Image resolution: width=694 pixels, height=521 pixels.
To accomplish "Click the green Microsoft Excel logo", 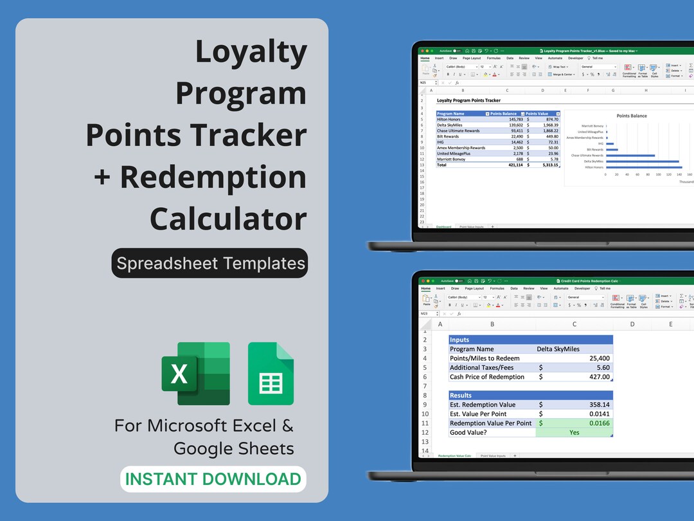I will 195,373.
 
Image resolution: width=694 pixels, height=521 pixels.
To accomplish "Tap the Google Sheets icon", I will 271,374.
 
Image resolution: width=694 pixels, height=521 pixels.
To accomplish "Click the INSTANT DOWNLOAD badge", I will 213,479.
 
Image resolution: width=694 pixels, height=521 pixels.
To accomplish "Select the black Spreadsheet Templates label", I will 210,263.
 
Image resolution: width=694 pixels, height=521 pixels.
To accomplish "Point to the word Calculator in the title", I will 228,219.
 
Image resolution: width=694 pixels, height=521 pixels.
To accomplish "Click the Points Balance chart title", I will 632,116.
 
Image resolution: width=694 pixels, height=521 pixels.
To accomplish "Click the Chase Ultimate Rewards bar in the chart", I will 630,155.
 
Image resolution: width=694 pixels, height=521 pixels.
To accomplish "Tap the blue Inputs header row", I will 530,340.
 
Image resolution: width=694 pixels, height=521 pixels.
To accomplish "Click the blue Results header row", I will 530,395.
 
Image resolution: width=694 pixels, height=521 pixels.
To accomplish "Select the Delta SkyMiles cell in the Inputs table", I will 558,349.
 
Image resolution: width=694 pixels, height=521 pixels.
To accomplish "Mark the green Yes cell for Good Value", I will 574,432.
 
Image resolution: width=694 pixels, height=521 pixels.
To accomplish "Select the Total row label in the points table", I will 442,165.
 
